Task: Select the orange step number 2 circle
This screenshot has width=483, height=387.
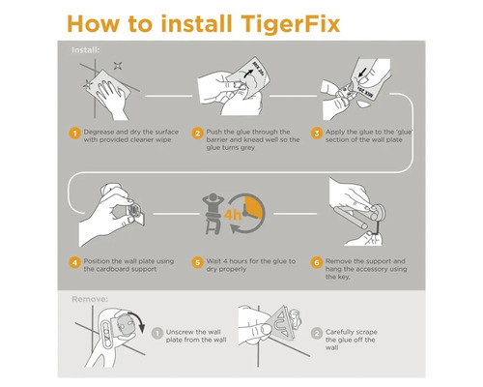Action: pyautogui.click(x=197, y=134)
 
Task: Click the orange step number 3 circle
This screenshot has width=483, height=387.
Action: pyautogui.click(x=316, y=134)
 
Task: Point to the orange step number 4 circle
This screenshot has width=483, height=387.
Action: pyautogui.click(x=73, y=262)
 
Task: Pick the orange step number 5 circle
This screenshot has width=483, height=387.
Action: pyautogui.click(x=197, y=262)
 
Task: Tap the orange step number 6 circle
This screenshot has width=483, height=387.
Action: pyautogui.click(x=316, y=262)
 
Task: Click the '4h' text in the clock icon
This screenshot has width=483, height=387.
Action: pyautogui.click(x=234, y=214)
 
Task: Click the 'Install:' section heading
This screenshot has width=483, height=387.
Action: pyautogui.click(x=85, y=50)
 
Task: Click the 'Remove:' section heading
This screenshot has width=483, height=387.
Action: pyautogui.click(x=89, y=299)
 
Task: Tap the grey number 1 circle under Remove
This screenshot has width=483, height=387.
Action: pyautogui.click(x=156, y=333)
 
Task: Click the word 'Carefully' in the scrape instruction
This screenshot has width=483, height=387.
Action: pyautogui.click(x=344, y=332)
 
